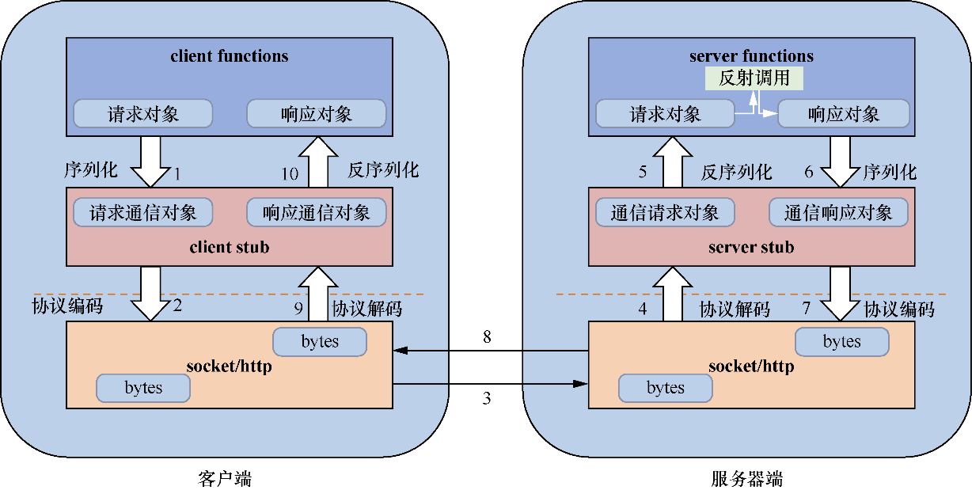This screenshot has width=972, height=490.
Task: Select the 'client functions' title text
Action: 230,56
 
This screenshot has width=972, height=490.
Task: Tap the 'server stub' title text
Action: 751,248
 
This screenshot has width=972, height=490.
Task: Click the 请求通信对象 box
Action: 142,213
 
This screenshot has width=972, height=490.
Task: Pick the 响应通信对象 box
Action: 317,213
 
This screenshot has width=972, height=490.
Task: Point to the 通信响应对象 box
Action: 838,213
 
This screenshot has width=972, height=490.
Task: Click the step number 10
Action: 290,173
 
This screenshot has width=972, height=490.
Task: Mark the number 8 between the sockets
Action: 487,338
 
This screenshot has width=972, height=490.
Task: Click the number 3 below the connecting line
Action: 487,398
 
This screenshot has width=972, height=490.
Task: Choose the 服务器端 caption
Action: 747,479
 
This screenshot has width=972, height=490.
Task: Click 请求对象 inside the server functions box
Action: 665,114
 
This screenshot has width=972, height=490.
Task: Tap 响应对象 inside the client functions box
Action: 317,114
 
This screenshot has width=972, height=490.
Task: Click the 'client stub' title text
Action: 230,248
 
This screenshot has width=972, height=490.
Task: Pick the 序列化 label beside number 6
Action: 890,172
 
